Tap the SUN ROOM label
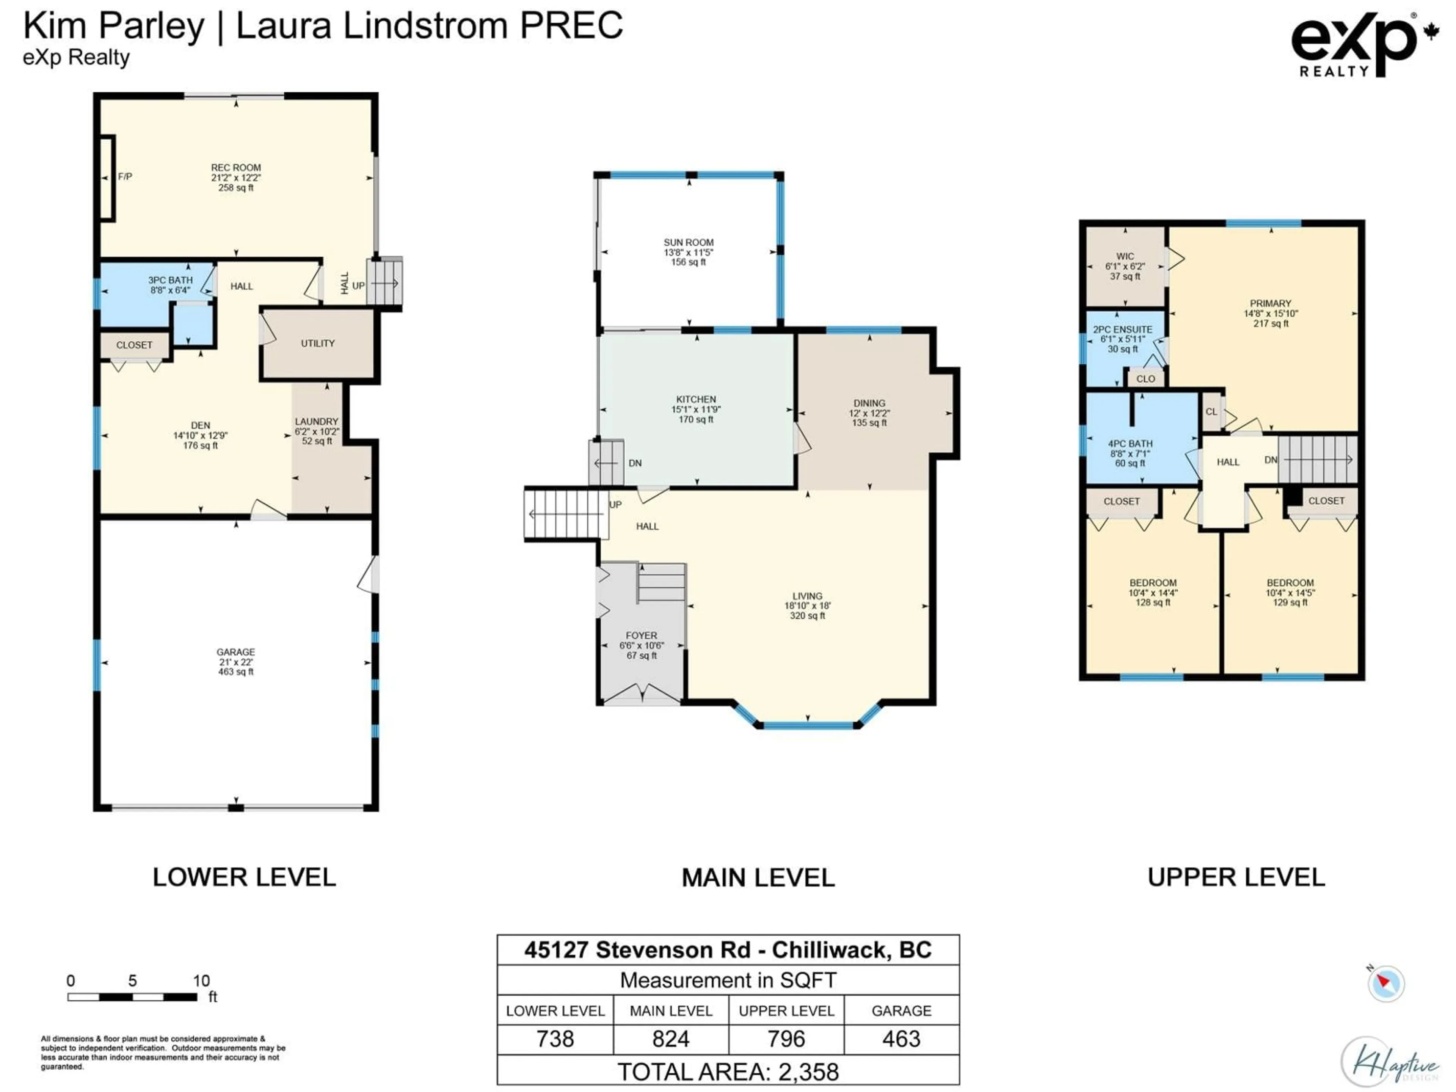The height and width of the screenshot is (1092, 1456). tap(689, 242)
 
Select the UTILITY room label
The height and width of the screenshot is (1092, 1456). tap(318, 343)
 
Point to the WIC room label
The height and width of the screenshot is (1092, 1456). tap(1125, 256)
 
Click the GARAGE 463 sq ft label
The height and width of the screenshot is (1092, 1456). tap(235, 662)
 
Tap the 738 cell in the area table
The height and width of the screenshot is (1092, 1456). tap(555, 1039)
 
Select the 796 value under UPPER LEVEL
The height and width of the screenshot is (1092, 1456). tap(786, 1039)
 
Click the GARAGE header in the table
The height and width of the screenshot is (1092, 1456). tap(901, 1010)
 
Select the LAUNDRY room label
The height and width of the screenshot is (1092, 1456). tap(317, 421)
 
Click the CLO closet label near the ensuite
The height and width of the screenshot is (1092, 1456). tap(1145, 378)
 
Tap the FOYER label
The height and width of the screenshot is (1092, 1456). tap(641, 635)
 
